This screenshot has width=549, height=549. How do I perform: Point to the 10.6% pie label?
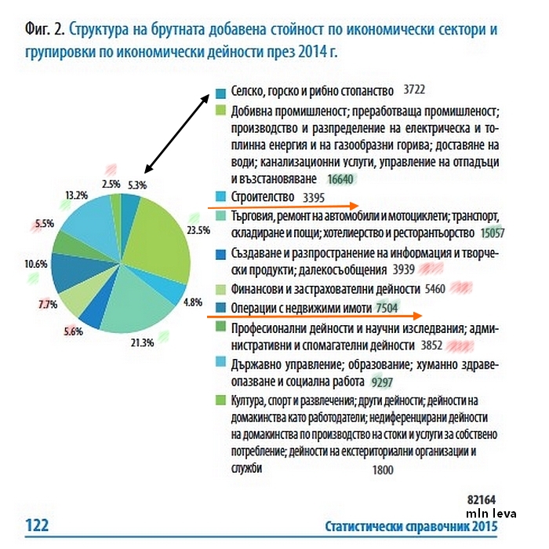point(36,264)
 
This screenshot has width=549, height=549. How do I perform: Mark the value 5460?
point(434,289)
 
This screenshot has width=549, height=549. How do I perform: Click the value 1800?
point(382,470)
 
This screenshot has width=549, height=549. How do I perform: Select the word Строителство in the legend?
point(263,196)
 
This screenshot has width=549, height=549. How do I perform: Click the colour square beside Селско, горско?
point(220,92)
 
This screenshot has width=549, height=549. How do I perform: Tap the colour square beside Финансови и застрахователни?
point(220,290)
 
